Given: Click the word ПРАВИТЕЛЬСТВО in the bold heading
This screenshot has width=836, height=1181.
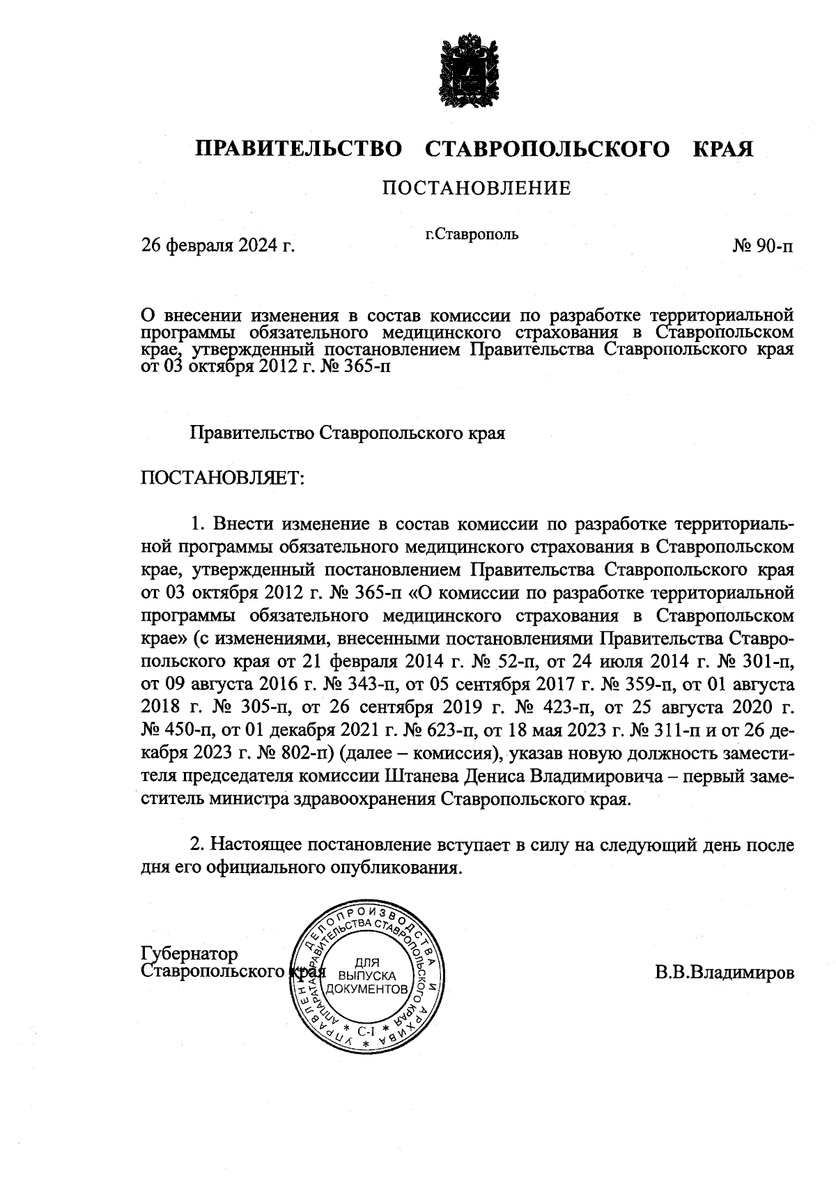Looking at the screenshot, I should pos(299,149).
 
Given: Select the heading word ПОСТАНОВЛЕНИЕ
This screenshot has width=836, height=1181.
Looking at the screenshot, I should pos(476,188).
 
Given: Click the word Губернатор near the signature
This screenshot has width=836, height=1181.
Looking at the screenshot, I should pos(189,953).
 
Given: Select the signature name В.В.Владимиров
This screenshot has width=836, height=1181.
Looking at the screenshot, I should pos(724,972).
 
